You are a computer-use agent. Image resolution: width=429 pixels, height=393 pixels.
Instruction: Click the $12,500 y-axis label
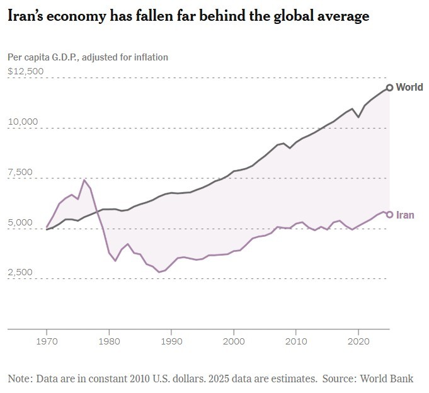tap(26, 71)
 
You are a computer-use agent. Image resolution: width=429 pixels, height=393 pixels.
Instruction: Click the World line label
tap(409, 88)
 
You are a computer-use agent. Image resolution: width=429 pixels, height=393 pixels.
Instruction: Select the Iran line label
tap(405, 215)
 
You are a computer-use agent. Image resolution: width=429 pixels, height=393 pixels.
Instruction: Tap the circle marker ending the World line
tap(390, 88)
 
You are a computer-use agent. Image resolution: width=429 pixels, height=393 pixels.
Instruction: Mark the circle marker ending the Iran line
tap(390, 215)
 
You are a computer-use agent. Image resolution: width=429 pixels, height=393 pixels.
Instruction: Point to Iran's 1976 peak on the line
tap(84, 180)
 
